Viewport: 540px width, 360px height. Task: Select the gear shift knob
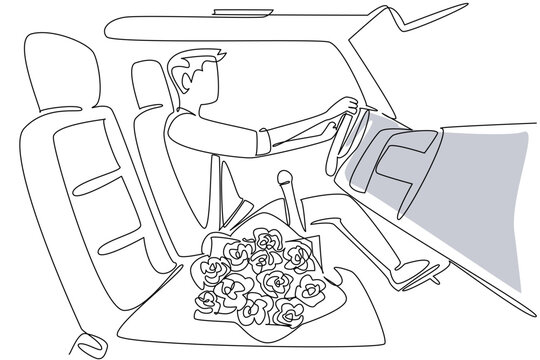pyautogui.click(x=284, y=182)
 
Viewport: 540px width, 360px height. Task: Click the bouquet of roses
pyautogui.click(x=258, y=275)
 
